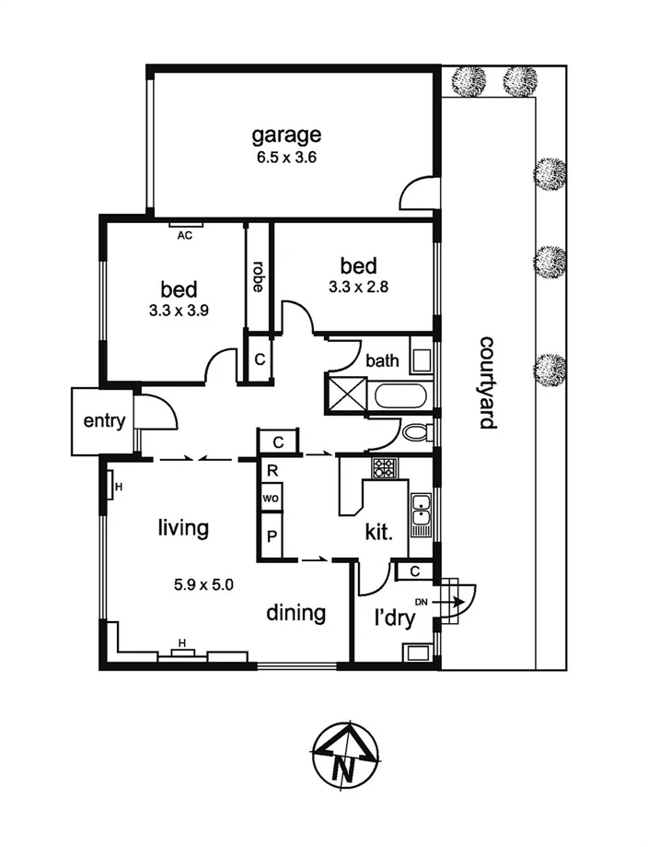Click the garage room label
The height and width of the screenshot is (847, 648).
pos(286,135)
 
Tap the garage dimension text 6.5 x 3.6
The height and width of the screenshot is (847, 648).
pos(286,158)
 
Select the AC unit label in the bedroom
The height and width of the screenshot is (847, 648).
pos(184,235)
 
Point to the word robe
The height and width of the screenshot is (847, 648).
pos(259,276)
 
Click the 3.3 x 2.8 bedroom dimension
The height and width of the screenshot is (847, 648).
pos(358,286)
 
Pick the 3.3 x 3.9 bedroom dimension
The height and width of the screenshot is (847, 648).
pos(179,311)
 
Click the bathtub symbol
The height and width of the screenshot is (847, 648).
pos(400,398)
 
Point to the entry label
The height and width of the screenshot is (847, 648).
pos(103,421)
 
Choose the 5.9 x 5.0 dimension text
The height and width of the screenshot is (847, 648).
pos(204,583)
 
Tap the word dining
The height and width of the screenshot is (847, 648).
pos(296,613)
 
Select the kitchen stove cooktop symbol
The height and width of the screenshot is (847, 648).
pos(384,468)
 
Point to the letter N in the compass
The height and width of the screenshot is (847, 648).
pos(344,765)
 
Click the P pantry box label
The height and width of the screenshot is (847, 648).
pos(272,537)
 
